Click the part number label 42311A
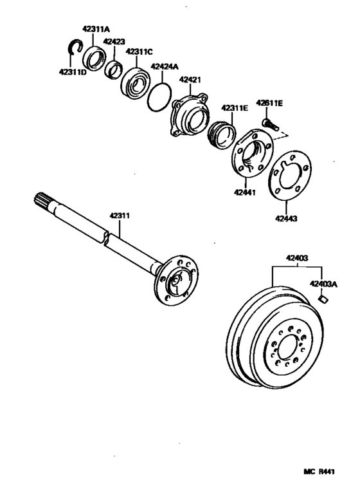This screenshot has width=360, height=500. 95,29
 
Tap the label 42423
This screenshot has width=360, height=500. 114,41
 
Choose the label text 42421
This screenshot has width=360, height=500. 190,80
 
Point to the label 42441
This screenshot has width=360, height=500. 246,191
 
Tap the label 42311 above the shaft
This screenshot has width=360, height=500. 120,216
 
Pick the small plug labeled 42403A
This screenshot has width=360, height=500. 325,298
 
